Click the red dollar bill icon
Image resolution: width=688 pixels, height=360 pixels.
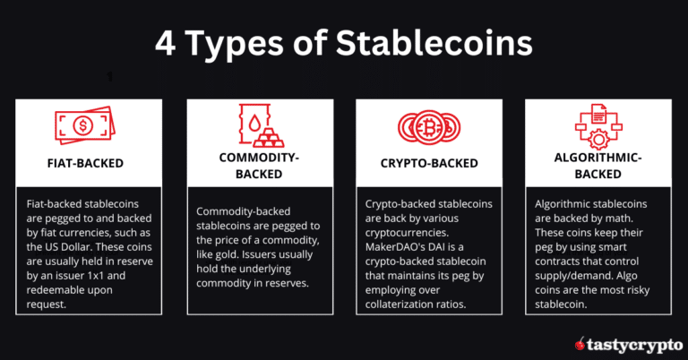85,124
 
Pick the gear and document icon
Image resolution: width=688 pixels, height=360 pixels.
597,124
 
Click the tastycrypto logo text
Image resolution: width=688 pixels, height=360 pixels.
633,341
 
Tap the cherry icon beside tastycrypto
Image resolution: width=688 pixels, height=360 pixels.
581,341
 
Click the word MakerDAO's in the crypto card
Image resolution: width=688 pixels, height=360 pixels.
397,235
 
